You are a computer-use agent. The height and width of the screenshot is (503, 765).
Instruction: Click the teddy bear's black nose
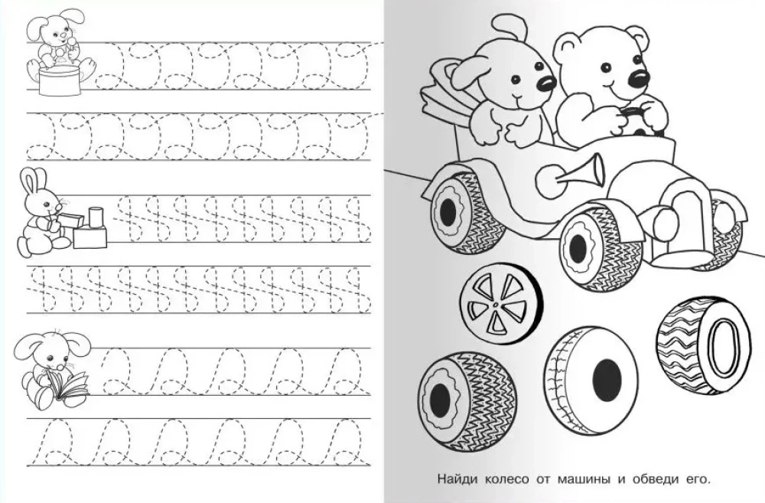coord(639,78)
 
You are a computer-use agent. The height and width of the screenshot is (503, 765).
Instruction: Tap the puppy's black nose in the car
coord(546,83)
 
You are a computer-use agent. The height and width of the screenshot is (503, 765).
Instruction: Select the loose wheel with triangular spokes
coord(501,306)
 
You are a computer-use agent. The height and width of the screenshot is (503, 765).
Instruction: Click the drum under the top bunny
coord(60,79)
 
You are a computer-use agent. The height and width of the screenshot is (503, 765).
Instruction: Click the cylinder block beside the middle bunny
coord(96,217)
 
